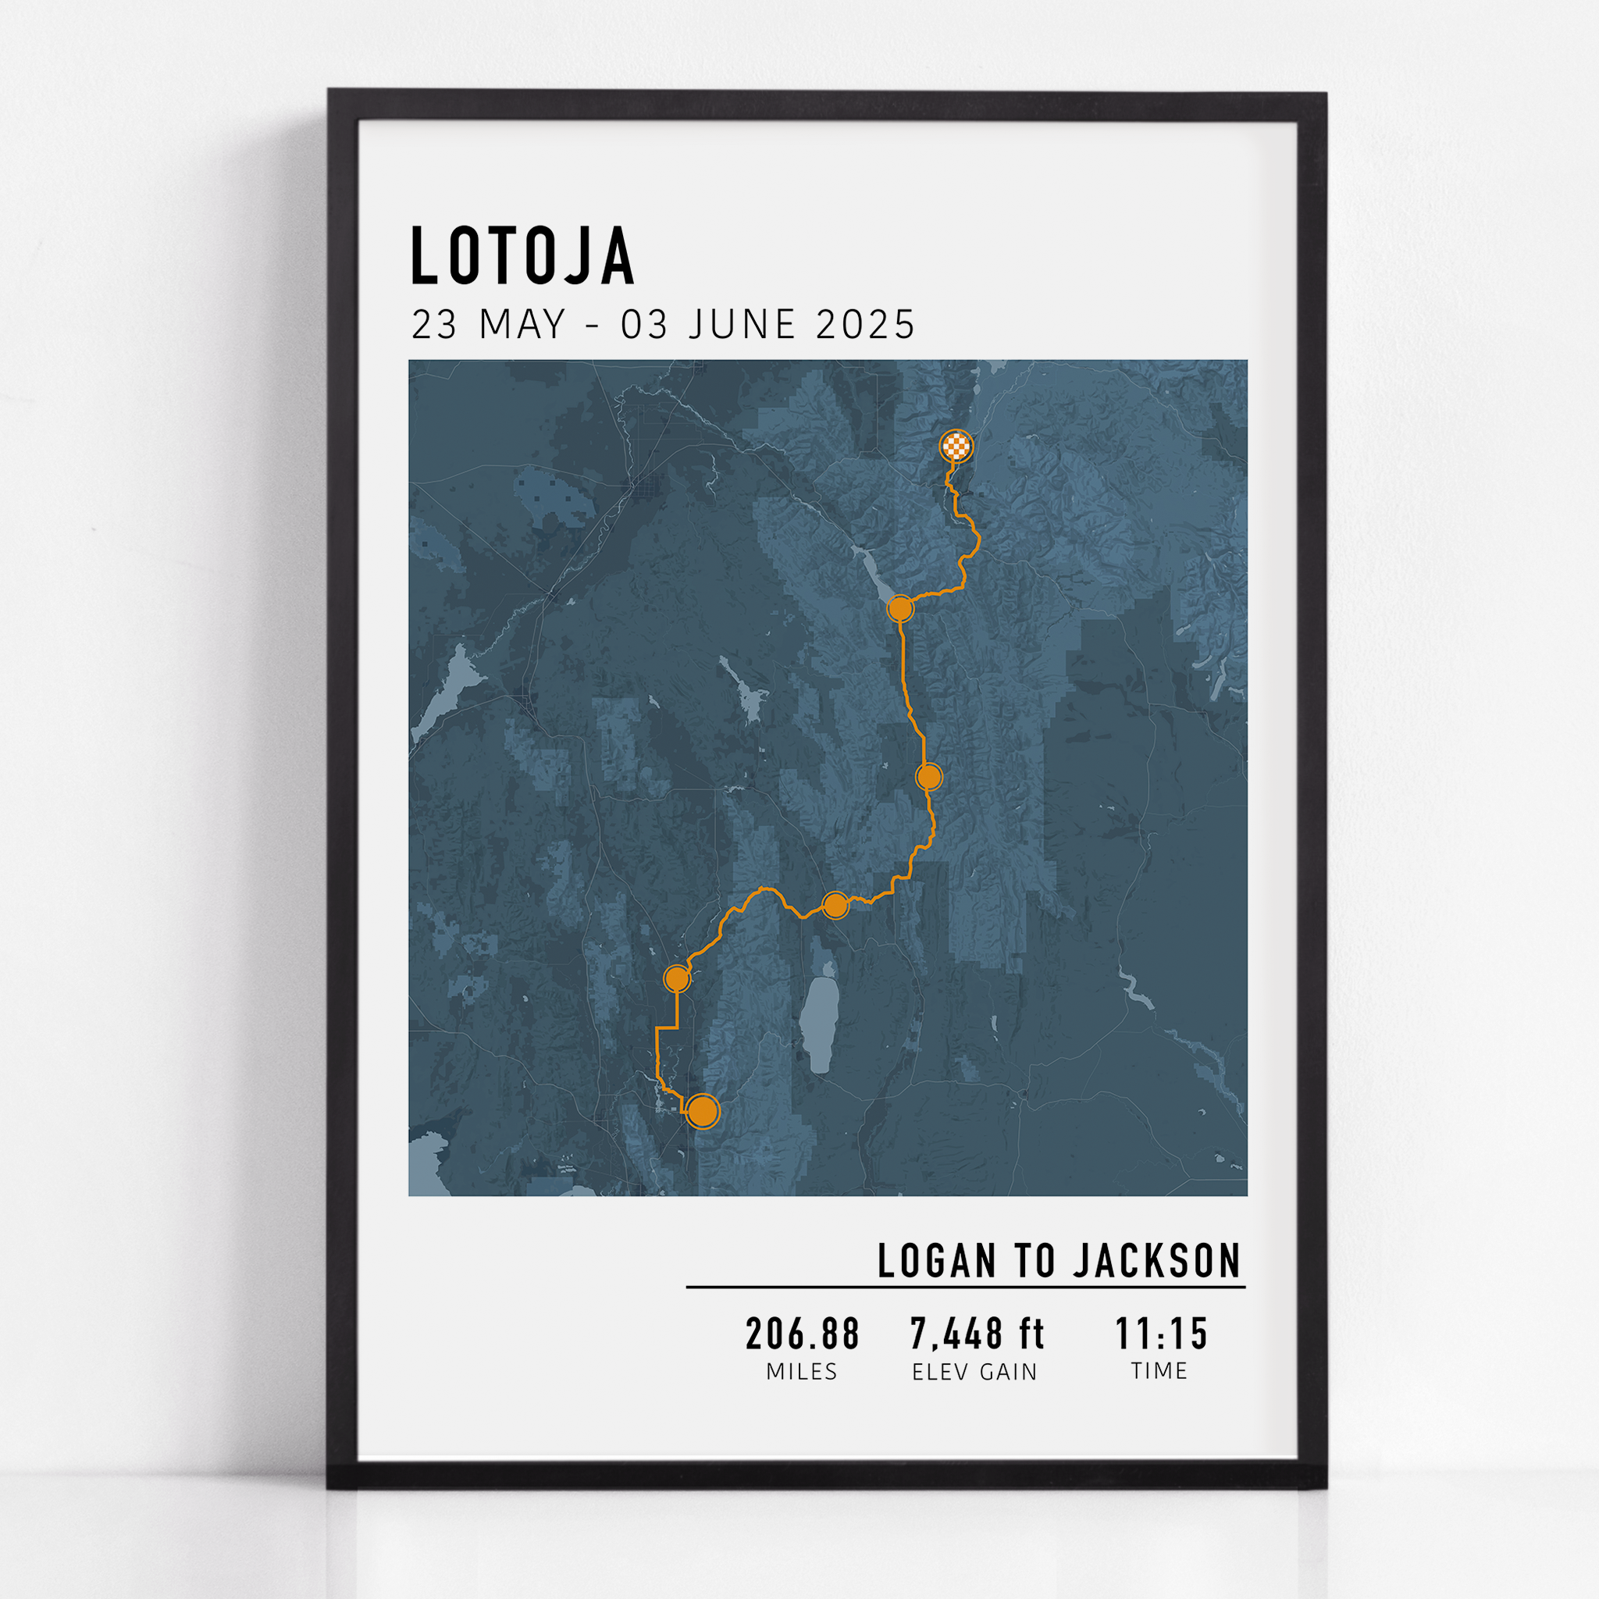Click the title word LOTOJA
coord(522,257)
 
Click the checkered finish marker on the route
coord(956,447)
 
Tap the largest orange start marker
coord(703,1112)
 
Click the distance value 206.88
coord(802,1334)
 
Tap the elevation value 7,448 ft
coord(977,1334)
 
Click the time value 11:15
coord(1161,1334)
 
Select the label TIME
coord(1159,1371)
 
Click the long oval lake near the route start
coord(817,1024)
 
